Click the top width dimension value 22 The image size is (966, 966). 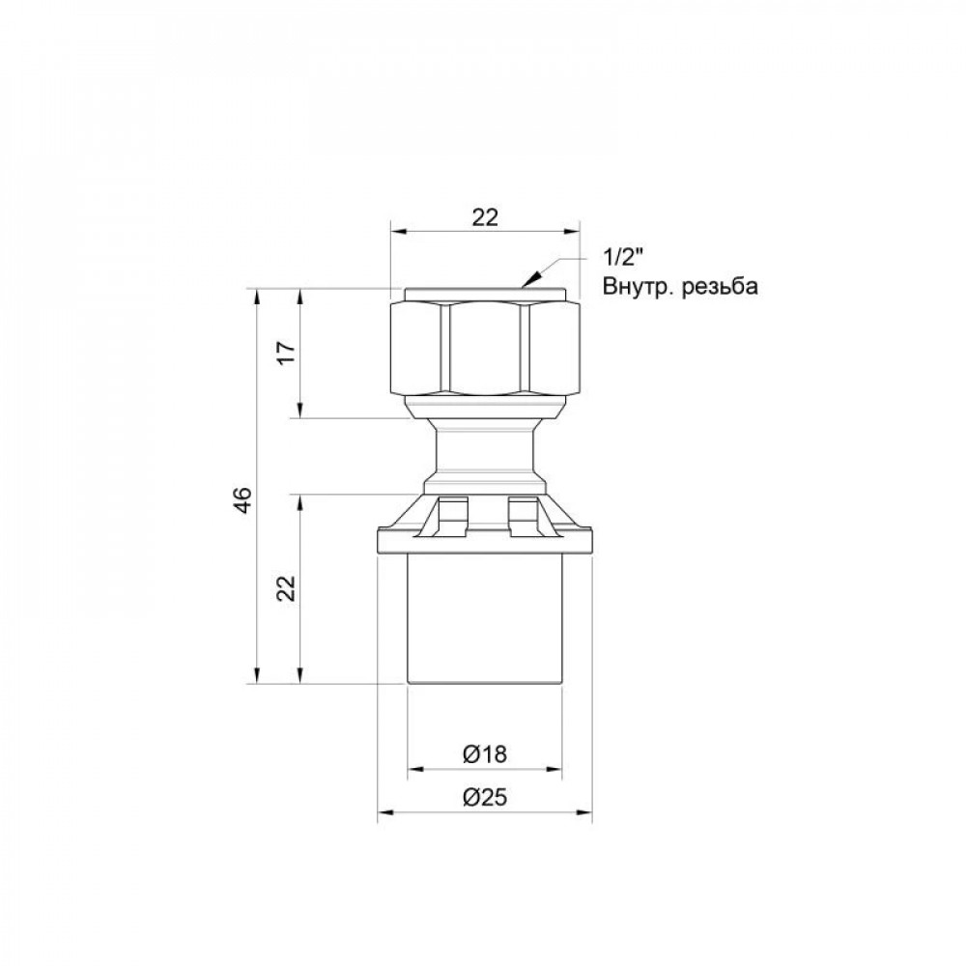pos(485,216)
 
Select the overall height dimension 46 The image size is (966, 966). pos(244,499)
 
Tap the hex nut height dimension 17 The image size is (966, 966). pos(287,353)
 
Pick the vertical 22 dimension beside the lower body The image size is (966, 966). pos(287,587)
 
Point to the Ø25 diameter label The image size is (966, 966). pos(485,797)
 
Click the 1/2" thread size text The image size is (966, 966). pos(620,257)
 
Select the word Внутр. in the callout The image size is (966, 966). pos(639,287)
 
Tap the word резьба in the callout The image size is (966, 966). pos(721,287)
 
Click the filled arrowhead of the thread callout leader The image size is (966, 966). pos(529,280)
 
